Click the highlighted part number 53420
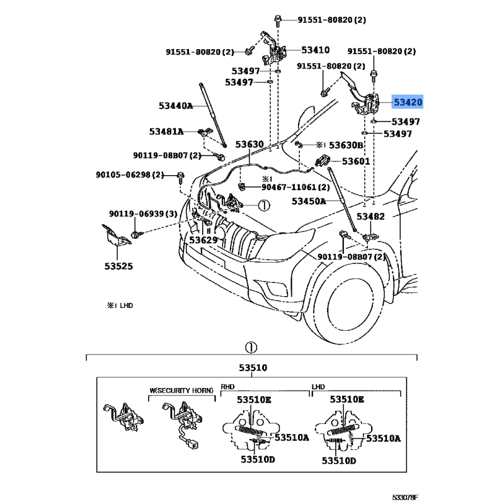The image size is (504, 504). pos(408,101)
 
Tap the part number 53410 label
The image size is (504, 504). pos(315,50)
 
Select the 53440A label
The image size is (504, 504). pos(176,106)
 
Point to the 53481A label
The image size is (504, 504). pos(166,132)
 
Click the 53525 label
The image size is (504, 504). pos(118,266)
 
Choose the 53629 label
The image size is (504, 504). pos(203,240)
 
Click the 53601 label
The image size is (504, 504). pos(356,161)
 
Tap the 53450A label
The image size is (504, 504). pos(309,202)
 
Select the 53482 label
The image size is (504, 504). pos(370,216)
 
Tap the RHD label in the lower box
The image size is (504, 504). pos(227,386)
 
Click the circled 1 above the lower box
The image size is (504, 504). pos(251,347)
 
